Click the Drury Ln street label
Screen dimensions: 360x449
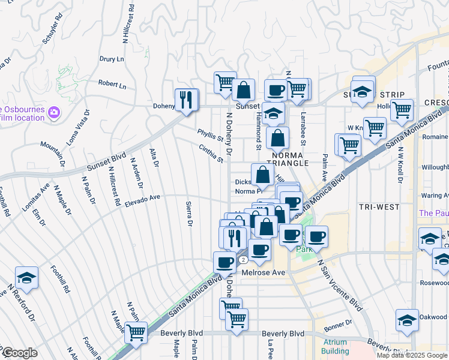(x=111, y=59)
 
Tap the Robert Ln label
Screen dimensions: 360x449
(x=112, y=86)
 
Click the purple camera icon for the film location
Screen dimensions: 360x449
(x=54, y=112)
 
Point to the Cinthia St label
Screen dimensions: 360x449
(x=211, y=153)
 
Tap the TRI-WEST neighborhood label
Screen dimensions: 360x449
(x=379, y=207)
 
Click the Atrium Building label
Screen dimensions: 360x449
(x=331, y=347)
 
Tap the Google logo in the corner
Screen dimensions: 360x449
(x=19, y=353)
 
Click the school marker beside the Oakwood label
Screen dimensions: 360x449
(x=407, y=320)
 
